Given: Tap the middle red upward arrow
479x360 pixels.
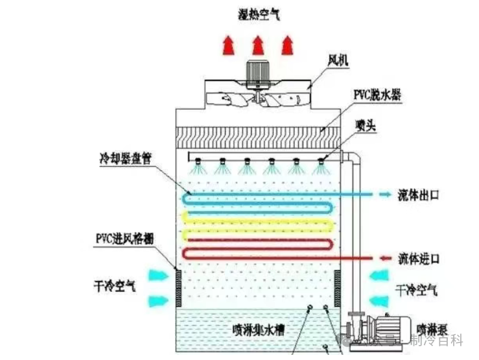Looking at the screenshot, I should [257, 45].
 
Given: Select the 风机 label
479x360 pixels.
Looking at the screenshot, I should [338, 60].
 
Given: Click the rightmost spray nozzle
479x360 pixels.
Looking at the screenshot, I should [319, 162].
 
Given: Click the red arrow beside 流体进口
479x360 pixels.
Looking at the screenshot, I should [384, 258].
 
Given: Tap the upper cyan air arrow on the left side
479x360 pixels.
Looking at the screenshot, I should [158, 275].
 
